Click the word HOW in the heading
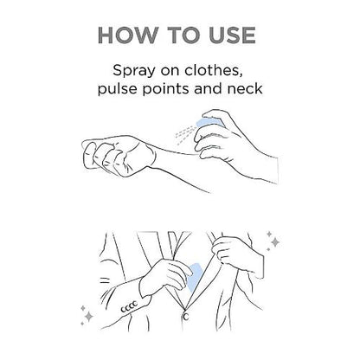[x=128, y=35]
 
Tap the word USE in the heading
[x=232, y=35]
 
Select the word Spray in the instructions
[x=133, y=71]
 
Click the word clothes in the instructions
[x=213, y=70]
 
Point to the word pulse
[x=118, y=88]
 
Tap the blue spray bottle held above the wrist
[x=209, y=122]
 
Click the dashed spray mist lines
[x=185, y=134]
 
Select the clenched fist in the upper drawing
[x=119, y=155]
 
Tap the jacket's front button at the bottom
[x=185, y=317]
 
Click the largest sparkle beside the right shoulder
[x=275, y=242]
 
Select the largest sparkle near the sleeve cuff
[x=89, y=316]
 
